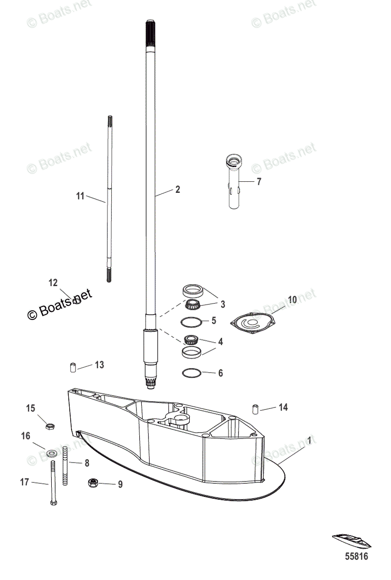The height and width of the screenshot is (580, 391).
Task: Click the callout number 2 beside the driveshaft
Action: tap(178, 190)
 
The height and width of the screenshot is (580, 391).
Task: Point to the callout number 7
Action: tap(259, 182)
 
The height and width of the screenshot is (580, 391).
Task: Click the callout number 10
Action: tap(292, 300)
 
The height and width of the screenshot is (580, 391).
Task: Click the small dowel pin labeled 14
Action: tap(255, 408)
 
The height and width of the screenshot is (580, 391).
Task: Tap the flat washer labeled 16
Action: tap(50, 454)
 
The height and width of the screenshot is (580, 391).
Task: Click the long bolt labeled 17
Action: tap(53, 483)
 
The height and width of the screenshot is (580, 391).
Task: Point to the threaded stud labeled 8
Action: tap(65, 466)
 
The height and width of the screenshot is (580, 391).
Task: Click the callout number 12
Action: tap(53, 283)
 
